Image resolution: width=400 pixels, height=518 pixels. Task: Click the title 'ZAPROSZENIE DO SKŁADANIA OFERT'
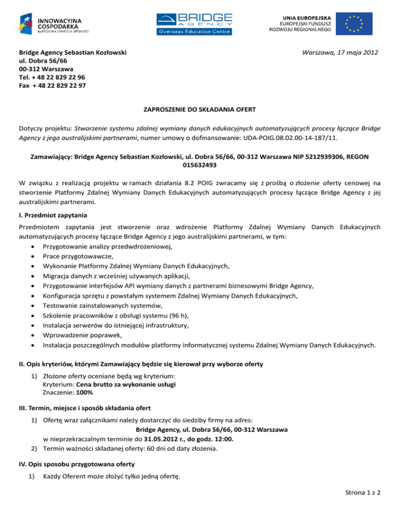tap(199, 110)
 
